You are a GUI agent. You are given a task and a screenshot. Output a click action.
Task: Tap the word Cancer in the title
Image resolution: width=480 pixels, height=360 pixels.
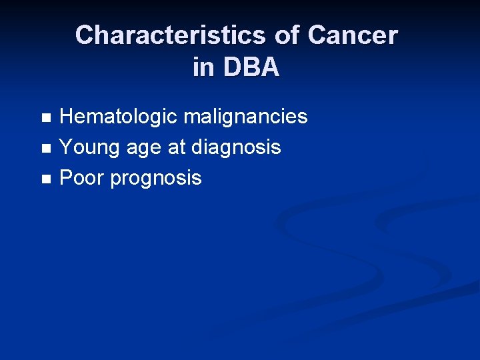(x=353, y=35)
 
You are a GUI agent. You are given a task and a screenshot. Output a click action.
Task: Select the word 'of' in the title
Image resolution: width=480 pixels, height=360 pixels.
(x=287, y=35)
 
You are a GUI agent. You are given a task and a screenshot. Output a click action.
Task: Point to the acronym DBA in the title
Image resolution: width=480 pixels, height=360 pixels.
(x=251, y=67)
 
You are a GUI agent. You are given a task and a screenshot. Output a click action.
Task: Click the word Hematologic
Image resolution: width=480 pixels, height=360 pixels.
(x=119, y=117)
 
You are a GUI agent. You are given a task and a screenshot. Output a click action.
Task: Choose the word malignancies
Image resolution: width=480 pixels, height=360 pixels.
(x=245, y=117)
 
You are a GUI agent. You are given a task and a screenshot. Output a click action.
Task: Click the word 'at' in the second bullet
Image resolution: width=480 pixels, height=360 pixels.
(x=175, y=147)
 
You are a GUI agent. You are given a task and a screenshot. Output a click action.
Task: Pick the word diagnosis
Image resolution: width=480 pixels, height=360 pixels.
(x=236, y=147)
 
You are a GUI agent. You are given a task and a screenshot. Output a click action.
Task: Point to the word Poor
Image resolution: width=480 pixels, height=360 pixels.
(x=83, y=178)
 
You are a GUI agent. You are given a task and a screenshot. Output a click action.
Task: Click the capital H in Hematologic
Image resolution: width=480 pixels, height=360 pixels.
(x=67, y=117)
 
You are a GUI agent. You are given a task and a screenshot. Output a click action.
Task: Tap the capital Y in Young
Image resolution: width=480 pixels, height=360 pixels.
(x=66, y=147)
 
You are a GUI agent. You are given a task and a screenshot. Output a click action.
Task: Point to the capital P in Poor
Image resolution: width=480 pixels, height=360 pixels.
(x=66, y=178)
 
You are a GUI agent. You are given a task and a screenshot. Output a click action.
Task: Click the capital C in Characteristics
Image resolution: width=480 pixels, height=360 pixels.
(x=85, y=35)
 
